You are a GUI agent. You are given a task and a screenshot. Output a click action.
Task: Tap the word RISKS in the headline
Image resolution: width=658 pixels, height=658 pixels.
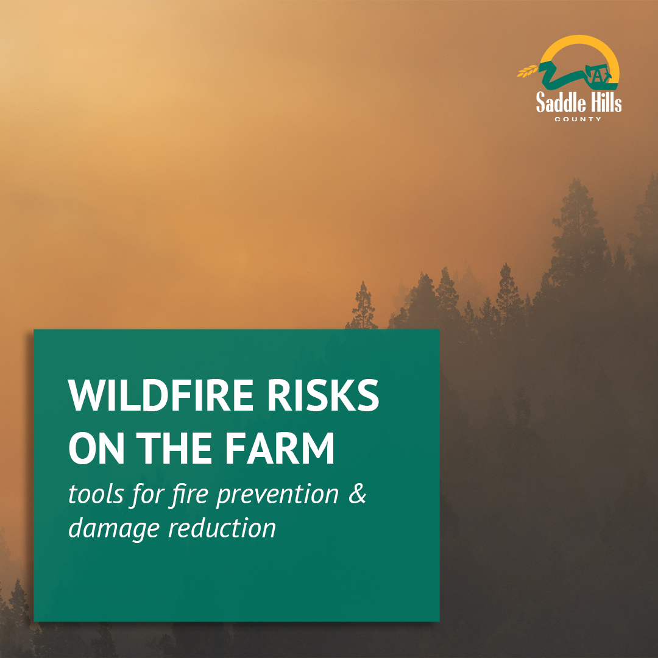[x=323, y=395]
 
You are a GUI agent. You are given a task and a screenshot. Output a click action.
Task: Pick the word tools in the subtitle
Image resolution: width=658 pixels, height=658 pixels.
[x=96, y=494]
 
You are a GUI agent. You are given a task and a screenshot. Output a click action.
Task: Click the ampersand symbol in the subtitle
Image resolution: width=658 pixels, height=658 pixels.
[x=357, y=494]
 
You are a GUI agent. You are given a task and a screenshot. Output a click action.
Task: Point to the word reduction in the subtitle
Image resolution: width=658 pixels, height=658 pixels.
[x=222, y=528]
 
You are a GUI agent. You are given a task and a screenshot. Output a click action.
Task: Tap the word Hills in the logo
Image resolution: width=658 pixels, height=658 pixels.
[x=601, y=102]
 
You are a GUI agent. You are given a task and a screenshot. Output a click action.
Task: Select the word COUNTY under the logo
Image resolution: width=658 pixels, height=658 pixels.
[x=578, y=119]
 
